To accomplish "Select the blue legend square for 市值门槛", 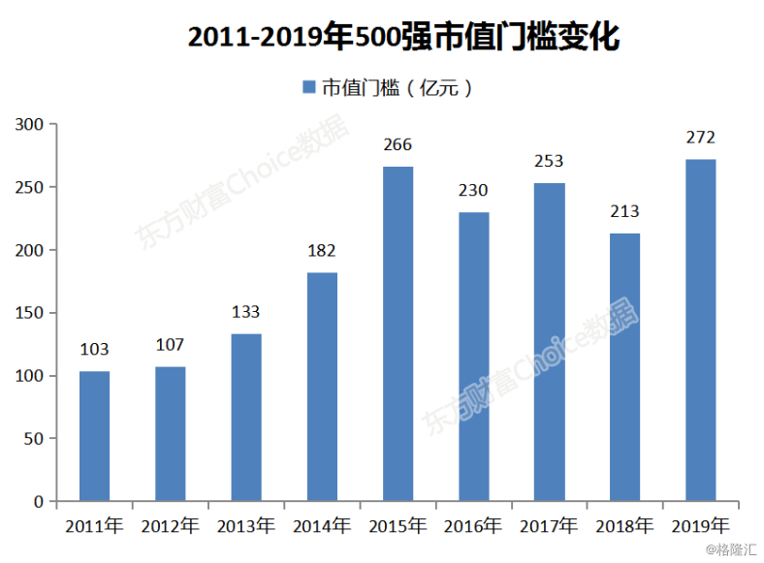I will coord(309,87).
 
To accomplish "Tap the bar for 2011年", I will coord(94,436).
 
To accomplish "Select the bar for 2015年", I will coord(398,334).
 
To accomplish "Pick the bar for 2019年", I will coord(700,330).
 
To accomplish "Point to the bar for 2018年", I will coord(624,367).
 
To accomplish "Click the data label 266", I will coord(398,145).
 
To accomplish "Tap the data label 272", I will coord(700,138).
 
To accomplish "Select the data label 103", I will coord(94,350).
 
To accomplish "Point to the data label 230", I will coord(473,191).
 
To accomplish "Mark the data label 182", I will coord(321,251).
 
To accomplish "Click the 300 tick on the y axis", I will coord(29,124).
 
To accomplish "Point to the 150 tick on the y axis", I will coord(29,313).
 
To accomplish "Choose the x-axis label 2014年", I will coord(321,527).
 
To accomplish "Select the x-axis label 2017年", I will coord(549,527).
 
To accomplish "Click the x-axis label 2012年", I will coord(170,527).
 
